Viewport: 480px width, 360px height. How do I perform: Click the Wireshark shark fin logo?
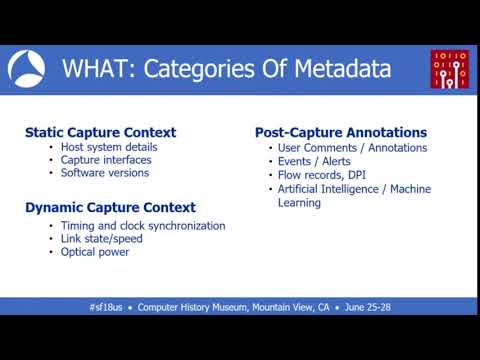[x=27, y=69]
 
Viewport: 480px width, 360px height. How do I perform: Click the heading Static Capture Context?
[x=100, y=132]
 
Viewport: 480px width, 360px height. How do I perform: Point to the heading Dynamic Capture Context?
[x=110, y=208]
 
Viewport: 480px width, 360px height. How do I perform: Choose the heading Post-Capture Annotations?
[x=341, y=132]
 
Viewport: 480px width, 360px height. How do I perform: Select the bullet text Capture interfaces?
[x=107, y=160]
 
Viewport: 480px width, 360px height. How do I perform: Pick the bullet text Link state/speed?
[x=102, y=239]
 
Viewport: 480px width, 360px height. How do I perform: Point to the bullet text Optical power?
[x=95, y=252]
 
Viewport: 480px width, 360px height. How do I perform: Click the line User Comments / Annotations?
[x=352, y=148]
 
